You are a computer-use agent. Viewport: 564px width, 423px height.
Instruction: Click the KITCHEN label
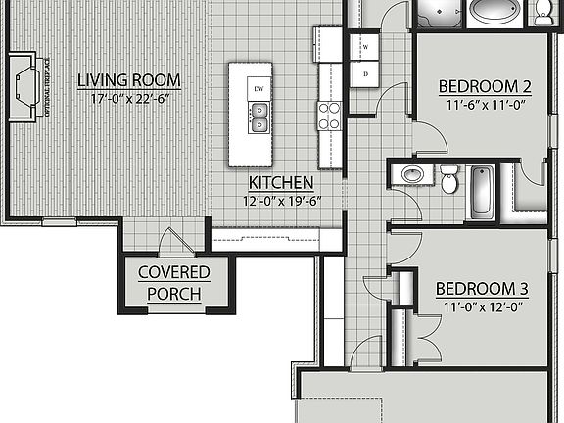(x=281, y=183)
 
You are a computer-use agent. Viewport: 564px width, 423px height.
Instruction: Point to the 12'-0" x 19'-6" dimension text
(x=281, y=201)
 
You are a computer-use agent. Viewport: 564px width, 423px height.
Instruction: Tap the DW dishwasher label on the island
(x=258, y=89)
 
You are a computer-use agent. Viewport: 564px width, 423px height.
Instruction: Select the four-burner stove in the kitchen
(x=328, y=117)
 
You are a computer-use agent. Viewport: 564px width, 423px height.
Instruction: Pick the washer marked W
(x=364, y=46)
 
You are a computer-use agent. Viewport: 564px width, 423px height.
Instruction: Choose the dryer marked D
(x=364, y=73)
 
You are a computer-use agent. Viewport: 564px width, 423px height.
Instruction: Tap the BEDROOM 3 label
(x=482, y=289)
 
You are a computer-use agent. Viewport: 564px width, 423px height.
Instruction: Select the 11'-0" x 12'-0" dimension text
(x=482, y=306)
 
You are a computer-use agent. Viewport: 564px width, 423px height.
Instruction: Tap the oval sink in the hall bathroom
(x=412, y=175)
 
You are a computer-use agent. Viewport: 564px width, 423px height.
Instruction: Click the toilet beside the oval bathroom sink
(x=448, y=180)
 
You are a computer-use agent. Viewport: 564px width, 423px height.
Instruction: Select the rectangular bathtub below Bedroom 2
(x=483, y=192)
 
